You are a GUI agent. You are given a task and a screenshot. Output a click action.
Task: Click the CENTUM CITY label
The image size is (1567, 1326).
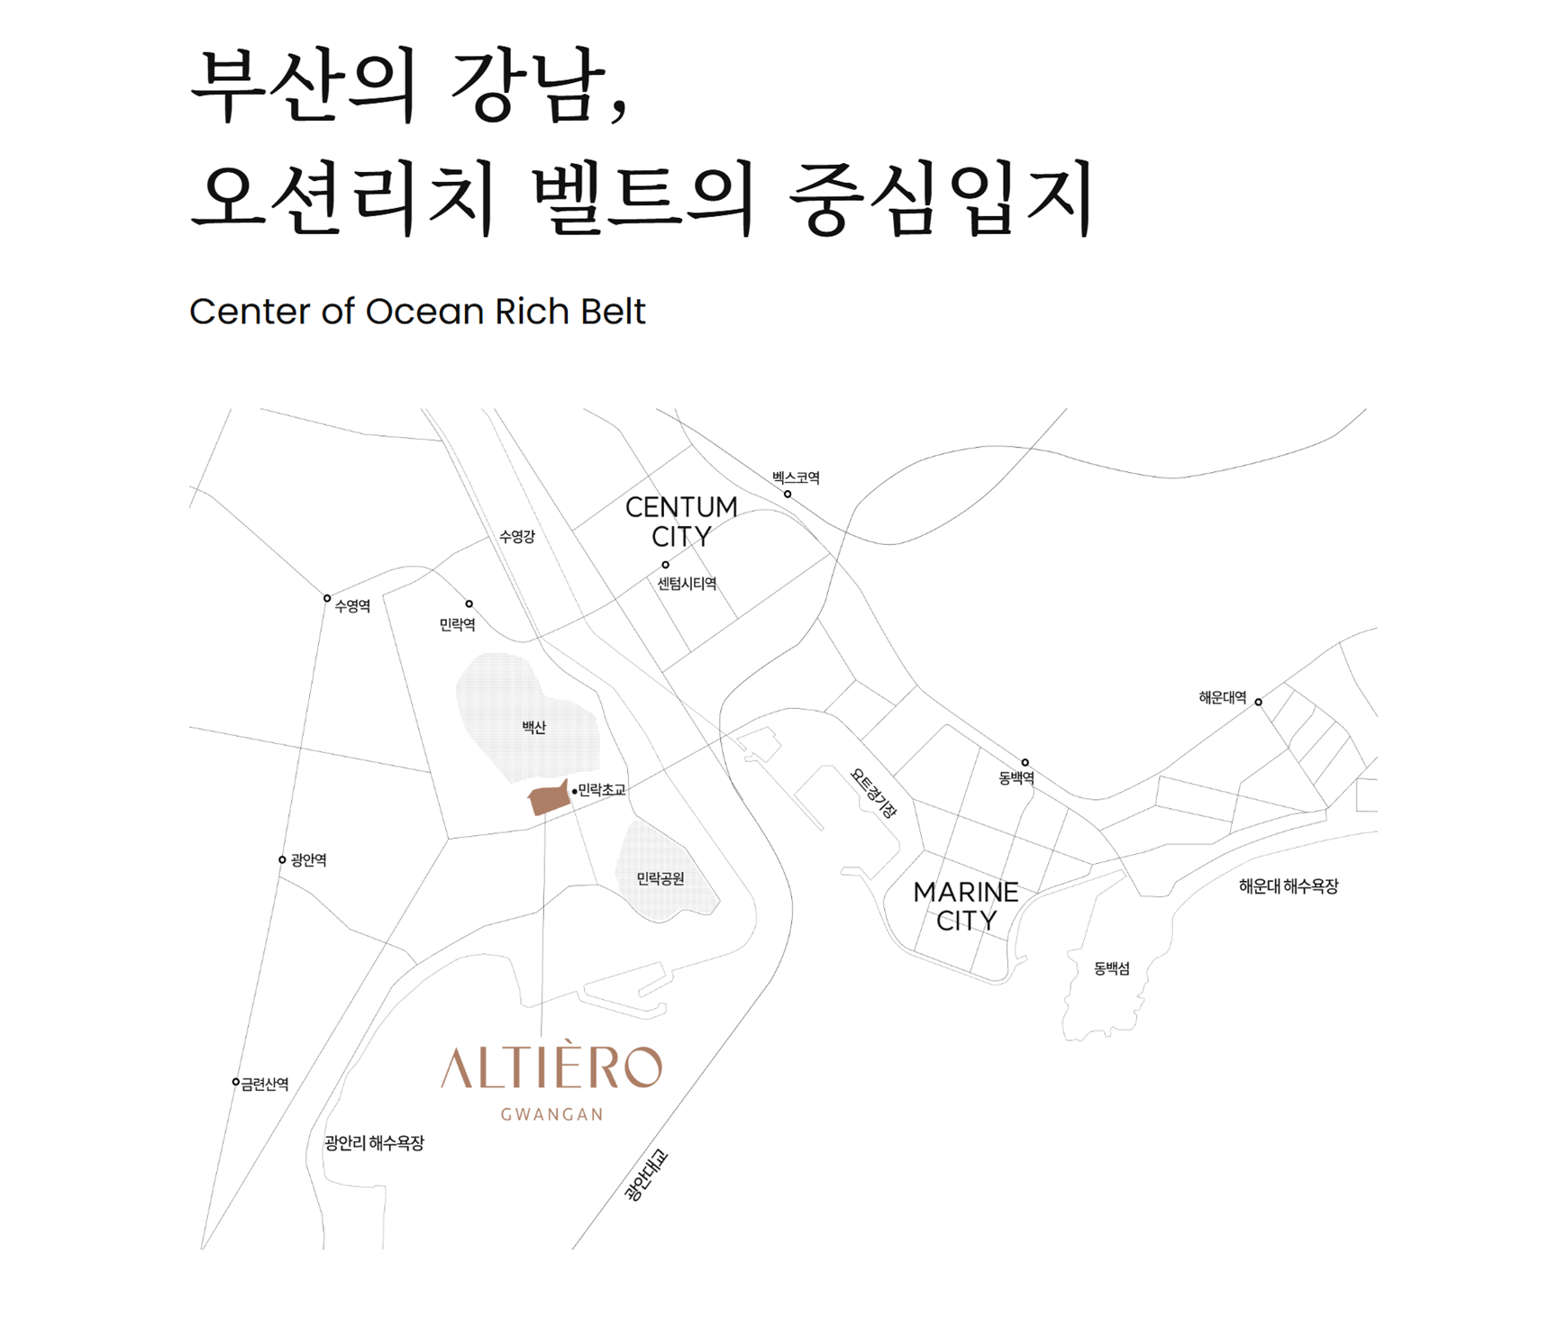coord(681,522)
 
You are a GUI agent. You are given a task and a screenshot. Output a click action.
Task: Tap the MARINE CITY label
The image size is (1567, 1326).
coord(966,906)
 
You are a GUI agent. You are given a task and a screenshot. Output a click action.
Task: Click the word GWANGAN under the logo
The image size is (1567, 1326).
coord(551,1114)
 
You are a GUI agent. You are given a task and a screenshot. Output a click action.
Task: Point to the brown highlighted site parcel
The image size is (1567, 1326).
coord(548,799)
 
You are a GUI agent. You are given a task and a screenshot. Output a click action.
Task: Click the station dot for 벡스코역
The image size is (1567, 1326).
coord(788,494)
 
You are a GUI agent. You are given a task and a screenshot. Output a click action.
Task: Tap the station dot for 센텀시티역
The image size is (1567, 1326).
coord(666,565)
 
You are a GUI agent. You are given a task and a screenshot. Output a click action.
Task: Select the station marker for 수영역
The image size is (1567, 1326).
coord(327,598)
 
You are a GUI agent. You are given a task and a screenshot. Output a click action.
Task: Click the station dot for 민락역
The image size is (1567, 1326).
coord(469,604)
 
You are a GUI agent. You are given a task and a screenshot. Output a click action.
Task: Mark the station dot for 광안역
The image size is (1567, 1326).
coord(282,860)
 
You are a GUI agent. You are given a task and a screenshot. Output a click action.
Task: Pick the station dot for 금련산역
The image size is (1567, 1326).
coord(236,1082)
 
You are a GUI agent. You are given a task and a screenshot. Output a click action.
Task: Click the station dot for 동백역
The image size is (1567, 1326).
coord(1025,762)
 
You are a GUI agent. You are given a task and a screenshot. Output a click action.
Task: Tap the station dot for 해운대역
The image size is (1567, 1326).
coord(1258,702)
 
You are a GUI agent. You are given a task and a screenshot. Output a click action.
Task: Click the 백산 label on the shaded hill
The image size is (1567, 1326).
coord(533,727)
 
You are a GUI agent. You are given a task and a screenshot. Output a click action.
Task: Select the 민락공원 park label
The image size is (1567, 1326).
coord(661,878)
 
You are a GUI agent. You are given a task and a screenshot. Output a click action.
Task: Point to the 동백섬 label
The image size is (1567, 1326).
coord(1111,968)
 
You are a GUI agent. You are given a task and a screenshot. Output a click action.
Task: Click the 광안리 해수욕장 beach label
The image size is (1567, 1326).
coord(374,1142)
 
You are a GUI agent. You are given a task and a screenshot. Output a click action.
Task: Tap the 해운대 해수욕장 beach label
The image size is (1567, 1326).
coord(1288,886)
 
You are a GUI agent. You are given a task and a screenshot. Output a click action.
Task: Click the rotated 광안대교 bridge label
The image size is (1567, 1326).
coord(646,1174)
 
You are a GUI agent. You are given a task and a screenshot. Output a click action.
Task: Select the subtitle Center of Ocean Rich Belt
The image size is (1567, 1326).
coord(417,312)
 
